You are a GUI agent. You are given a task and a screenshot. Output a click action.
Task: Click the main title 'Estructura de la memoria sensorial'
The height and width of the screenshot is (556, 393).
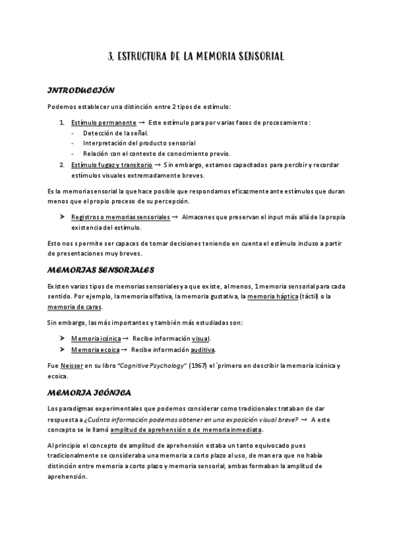[196, 57]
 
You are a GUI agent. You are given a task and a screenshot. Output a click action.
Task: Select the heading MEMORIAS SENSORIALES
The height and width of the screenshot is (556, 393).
[100, 269]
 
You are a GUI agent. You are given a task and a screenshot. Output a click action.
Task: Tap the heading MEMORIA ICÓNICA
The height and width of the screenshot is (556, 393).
[89, 393]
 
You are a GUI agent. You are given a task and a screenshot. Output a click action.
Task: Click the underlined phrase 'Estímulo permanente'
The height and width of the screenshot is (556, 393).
[103, 123]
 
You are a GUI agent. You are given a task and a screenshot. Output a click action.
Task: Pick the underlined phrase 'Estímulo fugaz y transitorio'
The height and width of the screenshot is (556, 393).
[111, 165]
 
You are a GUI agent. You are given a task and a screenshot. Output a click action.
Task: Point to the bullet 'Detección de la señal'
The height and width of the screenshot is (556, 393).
[115, 133]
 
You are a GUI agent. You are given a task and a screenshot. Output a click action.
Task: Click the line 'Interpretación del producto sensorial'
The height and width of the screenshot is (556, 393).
[139, 144]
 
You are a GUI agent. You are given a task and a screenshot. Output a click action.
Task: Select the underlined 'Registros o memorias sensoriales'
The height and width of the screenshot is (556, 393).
[120, 217]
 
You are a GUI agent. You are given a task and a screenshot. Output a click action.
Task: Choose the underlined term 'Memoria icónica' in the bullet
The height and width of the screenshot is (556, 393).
[96, 339]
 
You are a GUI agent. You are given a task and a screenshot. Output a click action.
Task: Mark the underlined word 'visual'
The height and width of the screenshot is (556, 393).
[200, 339]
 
